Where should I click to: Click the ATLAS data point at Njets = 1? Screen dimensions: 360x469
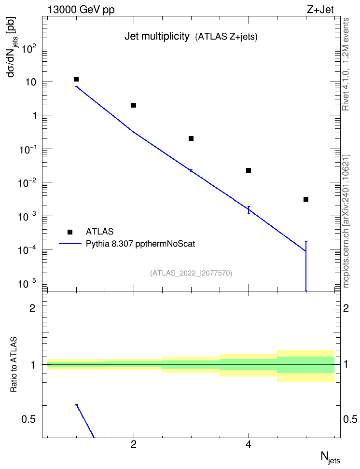[x=76, y=79]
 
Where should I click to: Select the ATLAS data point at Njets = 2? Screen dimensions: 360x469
[x=134, y=105]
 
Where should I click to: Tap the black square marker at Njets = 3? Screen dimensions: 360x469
[x=191, y=138]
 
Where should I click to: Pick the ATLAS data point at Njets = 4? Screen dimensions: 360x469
[x=249, y=170]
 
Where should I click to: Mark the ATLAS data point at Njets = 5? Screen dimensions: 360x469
[x=306, y=199]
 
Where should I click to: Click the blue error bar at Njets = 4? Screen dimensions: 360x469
[x=249, y=210]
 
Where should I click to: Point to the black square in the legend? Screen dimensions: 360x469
[x=70, y=232]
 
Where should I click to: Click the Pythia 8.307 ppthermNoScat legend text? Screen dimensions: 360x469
[x=140, y=244]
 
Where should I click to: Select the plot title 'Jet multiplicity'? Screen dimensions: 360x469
[x=157, y=37]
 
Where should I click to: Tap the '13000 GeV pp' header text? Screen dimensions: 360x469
[x=81, y=10]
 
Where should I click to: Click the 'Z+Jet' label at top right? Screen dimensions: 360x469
[x=320, y=10]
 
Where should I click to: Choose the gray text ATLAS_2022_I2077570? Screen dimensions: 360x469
[x=191, y=273]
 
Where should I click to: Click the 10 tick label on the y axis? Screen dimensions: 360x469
[x=30, y=82]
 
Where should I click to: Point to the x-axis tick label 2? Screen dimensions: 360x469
[x=134, y=445]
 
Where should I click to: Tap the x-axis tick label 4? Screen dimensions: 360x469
[x=249, y=445]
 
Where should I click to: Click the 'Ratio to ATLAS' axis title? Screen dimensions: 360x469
[x=14, y=365]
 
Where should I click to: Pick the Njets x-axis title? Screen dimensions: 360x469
[x=331, y=458]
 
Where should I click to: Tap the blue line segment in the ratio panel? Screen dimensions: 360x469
[x=85, y=421]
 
